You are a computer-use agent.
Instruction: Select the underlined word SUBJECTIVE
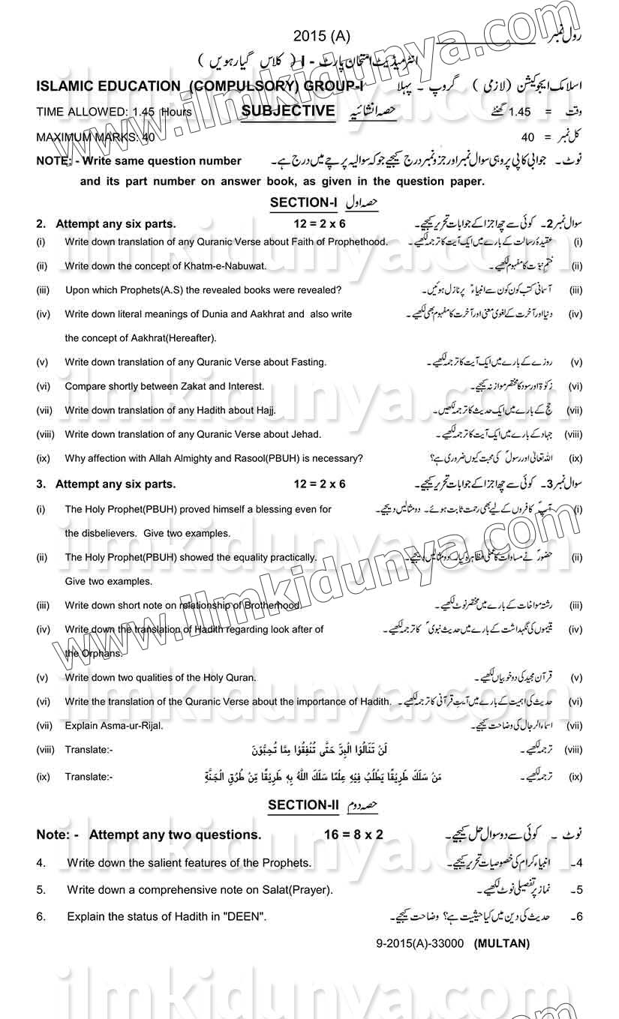(289, 111)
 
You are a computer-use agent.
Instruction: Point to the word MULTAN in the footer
(502, 943)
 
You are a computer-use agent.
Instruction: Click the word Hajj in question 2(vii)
(263, 410)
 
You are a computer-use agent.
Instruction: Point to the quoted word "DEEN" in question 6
(245, 916)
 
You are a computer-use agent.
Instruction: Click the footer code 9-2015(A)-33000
(420, 943)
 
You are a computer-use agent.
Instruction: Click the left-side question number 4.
(41, 863)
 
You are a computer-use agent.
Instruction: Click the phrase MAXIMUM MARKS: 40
(95, 137)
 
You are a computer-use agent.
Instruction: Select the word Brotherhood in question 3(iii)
(270, 605)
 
